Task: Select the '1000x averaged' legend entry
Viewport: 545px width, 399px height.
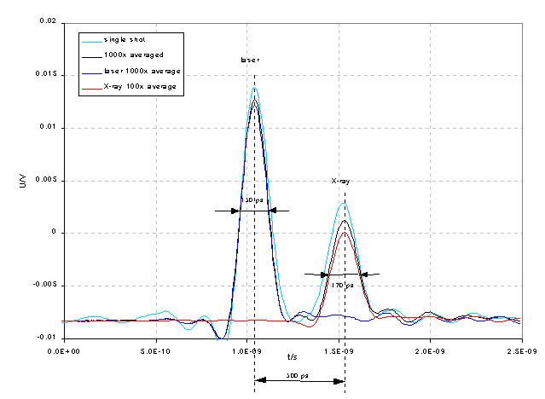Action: [x=129, y=55]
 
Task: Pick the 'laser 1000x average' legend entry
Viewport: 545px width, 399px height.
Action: [x=136, y=71]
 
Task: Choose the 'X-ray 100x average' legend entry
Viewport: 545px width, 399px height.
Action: [x=136, y=87]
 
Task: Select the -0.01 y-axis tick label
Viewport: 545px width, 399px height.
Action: [x=45, y=338]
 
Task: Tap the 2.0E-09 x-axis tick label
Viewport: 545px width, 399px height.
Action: [x=430, y=350]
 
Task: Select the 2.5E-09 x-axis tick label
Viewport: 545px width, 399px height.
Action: [x=520, y=350]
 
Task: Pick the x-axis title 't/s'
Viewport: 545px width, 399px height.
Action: [x=293, y=357]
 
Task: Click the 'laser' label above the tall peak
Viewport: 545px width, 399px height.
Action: [x=249, y=61]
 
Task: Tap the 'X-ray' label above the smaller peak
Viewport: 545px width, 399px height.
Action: [x=341, y=181]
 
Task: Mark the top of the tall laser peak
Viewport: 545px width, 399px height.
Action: [x=254, y=87]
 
